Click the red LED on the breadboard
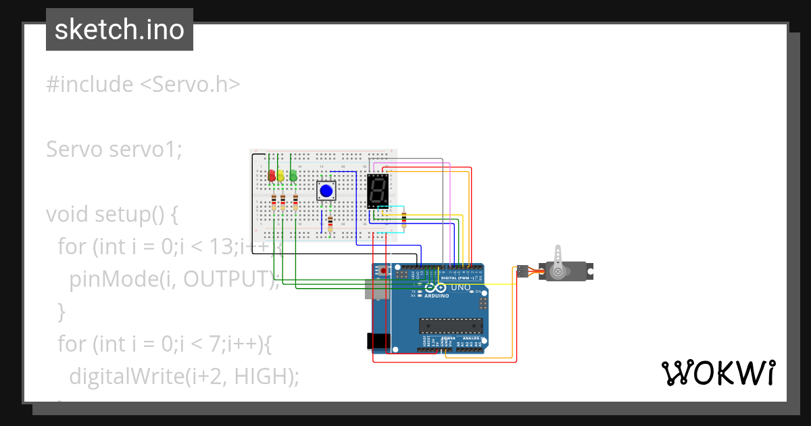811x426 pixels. point(272,176)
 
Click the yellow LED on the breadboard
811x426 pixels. point(281,176)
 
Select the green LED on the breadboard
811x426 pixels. point(293,176)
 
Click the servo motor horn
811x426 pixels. point(558,260)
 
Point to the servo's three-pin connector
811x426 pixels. point(522,271)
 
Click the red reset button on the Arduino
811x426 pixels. point(385,270)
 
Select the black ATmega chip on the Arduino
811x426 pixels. point(451,325)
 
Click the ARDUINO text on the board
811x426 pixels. point(437,295)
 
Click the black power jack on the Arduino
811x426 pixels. point(377,341)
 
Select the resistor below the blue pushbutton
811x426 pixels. point(330,223)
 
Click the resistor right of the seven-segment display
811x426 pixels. point(404,218)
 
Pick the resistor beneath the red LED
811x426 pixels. point(274,202)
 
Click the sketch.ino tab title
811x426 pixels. point(120,30)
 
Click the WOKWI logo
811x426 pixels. point(718,373)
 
